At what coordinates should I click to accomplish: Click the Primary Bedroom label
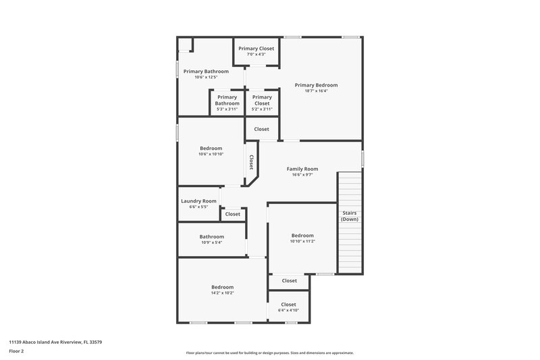point(316,85)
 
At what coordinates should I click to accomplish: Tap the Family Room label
point(302,169)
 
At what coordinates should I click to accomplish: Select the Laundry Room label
point(198,201)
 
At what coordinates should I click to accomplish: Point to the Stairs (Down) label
point(349,215)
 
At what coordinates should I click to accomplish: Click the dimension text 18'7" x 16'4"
point(316,91)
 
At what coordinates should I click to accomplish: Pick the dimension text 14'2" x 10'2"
point(222,293)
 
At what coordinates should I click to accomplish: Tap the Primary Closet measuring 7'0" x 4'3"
point(256,49)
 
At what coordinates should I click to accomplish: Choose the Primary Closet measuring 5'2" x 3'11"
point(261,100)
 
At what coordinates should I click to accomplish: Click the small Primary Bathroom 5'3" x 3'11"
point(227,100)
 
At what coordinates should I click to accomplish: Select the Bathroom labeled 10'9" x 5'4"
point(211,236)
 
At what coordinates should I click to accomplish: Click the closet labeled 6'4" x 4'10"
point(288,305)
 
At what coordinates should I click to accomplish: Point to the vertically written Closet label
point(251,162)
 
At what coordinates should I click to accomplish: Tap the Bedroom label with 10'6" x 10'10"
point(211,148)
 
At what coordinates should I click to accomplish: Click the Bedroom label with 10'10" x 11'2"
point(302,235)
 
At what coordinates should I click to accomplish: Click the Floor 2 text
point(16,351)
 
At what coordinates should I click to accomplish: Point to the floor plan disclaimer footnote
point(269,353)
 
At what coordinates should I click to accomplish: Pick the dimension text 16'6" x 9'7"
point(302,175)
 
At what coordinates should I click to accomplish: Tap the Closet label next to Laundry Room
point(232,214)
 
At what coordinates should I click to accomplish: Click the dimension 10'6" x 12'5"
point(206,77)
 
